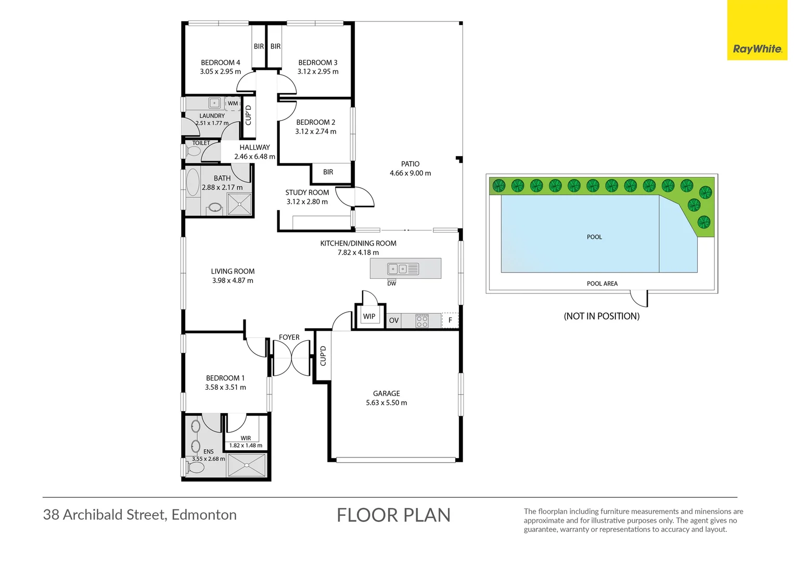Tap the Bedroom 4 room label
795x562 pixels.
click(221, 62)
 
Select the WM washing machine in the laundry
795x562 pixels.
click(233, 104)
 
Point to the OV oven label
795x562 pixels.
click(393, 320)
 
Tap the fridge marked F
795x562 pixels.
click(450, 320)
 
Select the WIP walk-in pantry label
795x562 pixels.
click(369, 316)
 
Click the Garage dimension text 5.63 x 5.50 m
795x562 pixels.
click(387, 403)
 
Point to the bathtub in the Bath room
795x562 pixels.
click(193, 183)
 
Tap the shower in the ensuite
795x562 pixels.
click(247, 465)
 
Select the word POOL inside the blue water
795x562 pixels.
click(595, 237)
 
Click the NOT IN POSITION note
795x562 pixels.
click(601, 316)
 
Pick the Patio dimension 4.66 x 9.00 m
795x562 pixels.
click(411, 173)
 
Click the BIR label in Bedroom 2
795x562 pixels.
click(328, 172)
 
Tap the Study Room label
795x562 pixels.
click(307, 193)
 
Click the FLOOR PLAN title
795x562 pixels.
click(393, 515)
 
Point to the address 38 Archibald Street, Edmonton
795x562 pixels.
click(140, 515)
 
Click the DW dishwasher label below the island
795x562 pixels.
click(391, 284)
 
